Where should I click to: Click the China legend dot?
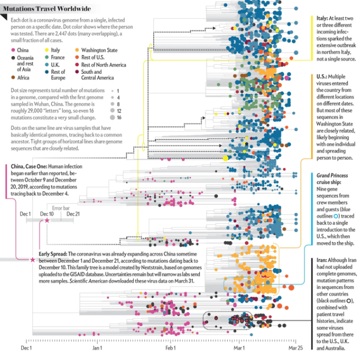click(12, 50)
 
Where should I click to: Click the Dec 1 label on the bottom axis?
click(26, 349)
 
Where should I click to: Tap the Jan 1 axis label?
click(98, 349)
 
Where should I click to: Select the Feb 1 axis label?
click(170, 349)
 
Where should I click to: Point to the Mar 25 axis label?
click(296, 349)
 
